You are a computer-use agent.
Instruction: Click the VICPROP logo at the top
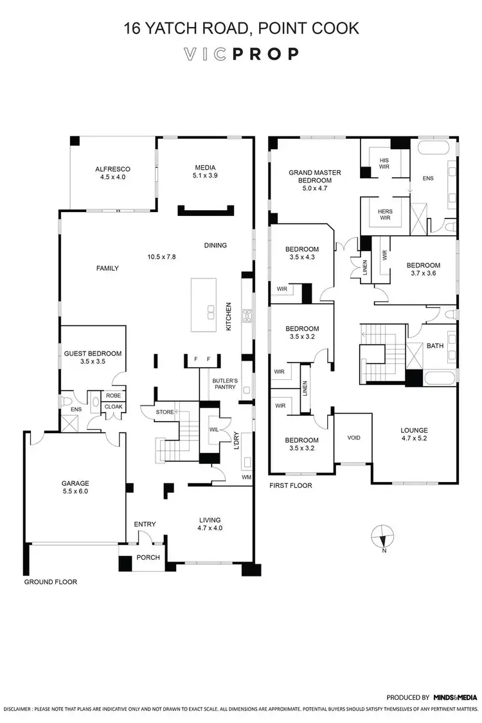click(240, 54)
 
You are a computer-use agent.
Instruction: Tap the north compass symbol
click(382, 534)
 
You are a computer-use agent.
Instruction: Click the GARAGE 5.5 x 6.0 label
click(75, 487)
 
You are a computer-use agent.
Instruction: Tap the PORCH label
click(148, 557)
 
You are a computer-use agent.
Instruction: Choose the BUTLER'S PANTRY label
click(225, 384)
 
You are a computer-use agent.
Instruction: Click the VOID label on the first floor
click(353, 438)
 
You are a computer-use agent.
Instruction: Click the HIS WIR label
click(384, 164)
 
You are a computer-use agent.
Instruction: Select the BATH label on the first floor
click(435, 346)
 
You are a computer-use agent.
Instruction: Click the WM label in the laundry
click(246, 476)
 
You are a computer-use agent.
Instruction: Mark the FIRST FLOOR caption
click(290, 485)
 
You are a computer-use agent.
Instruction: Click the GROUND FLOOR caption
click(50, 582)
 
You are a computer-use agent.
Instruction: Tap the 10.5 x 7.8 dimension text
click(161, 256)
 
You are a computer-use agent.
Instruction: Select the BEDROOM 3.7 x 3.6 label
click(423, 269)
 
